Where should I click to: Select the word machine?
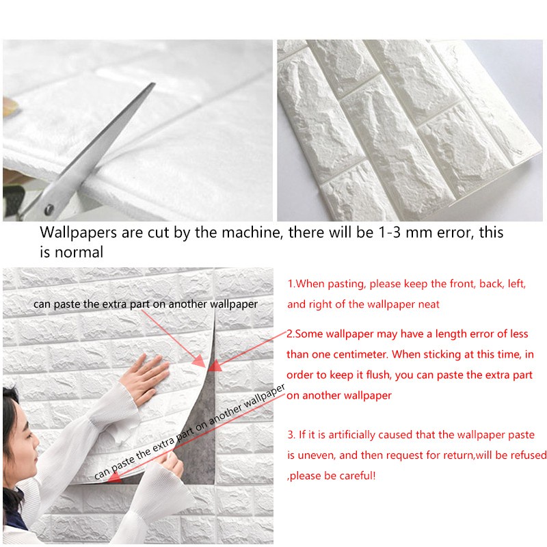(x=250, y=232)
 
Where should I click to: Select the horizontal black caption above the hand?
(x=146, y=304)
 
